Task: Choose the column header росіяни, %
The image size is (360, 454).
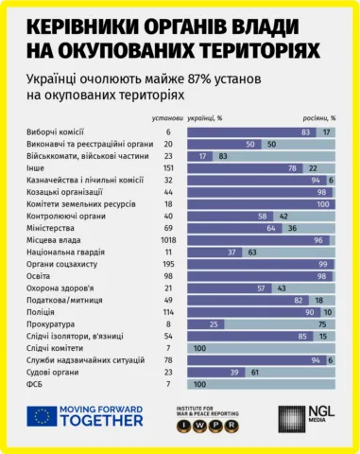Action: click(317, 118)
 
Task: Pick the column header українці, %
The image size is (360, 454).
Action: click(206, 118)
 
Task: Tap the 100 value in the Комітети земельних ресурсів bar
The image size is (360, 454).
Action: click(322, 204)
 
